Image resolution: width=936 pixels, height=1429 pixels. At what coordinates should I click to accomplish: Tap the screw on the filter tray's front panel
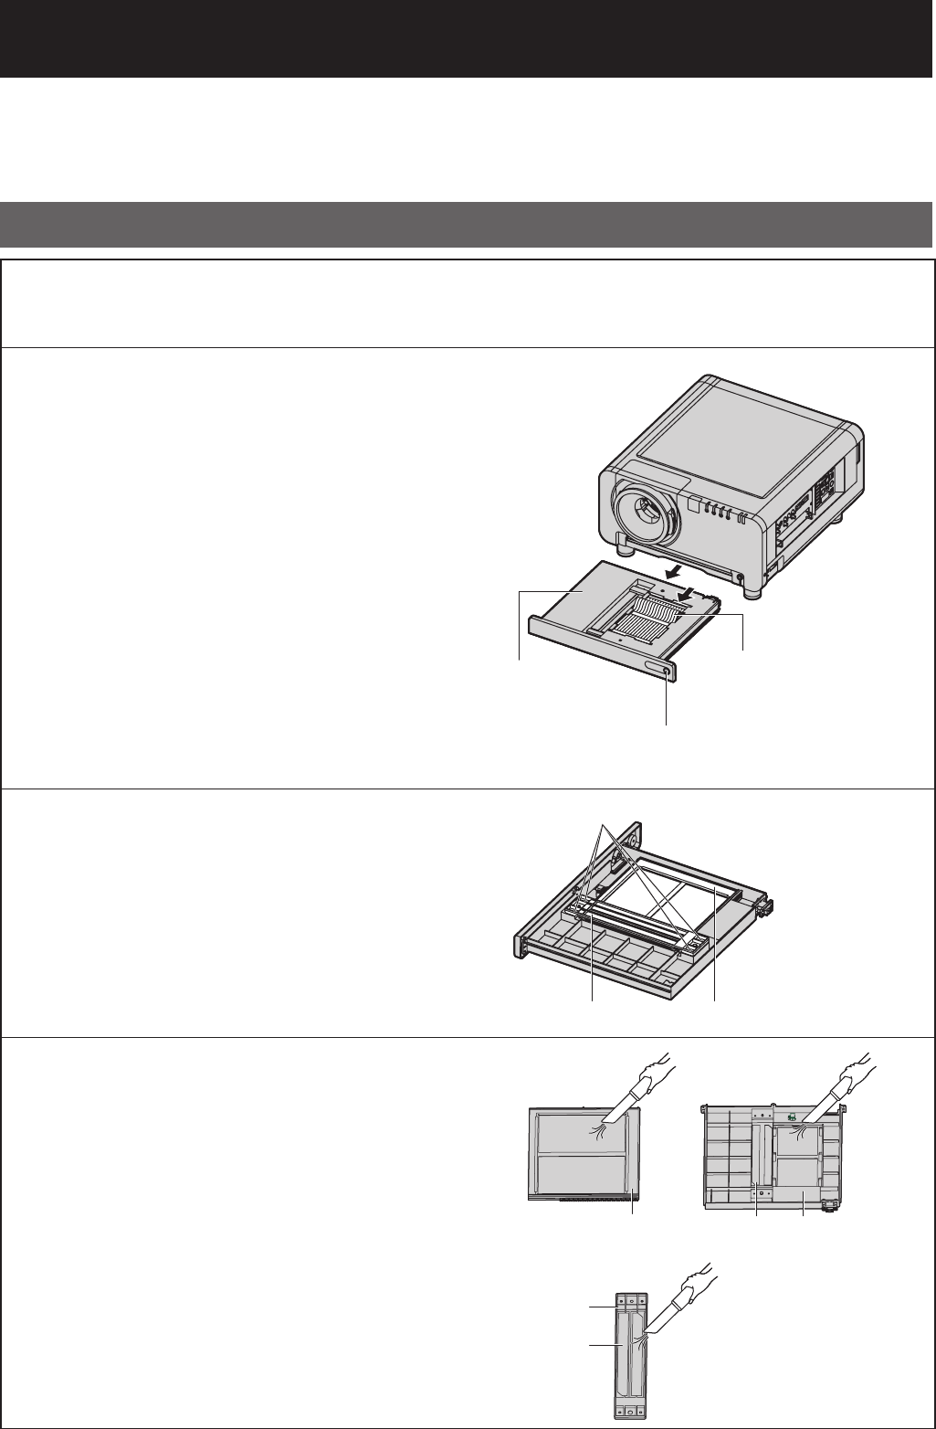coord(668,672)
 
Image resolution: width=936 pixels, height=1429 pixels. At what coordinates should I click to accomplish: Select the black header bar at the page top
coord(468,38)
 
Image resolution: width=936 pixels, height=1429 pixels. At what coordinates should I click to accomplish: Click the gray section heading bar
coord(468,225)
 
